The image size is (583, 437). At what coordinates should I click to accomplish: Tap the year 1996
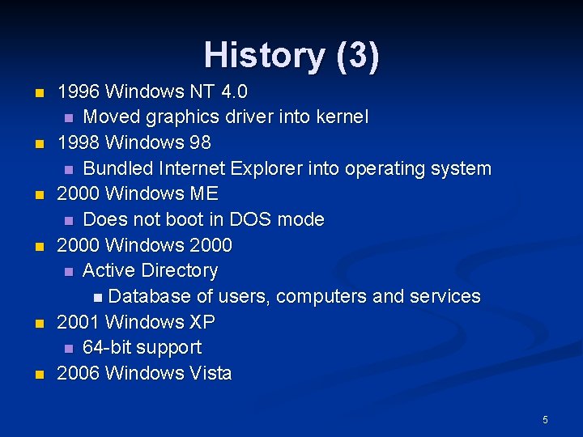click(x=79, y=91)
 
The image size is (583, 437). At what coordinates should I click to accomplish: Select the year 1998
click(x=79, y=142)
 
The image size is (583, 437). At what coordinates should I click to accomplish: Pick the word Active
click(x=109, y=270)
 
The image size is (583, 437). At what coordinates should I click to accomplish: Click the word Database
click(x=149, y=296)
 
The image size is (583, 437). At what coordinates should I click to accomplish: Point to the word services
click(x=446, y=296)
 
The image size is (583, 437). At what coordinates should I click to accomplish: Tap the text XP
click(x=202, y=322)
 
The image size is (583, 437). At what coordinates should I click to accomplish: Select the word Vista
click(x=210, y=373)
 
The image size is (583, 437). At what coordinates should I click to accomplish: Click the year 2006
click(x=79, y=373)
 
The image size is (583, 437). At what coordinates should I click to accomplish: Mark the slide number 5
click(x=545, y=419)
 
